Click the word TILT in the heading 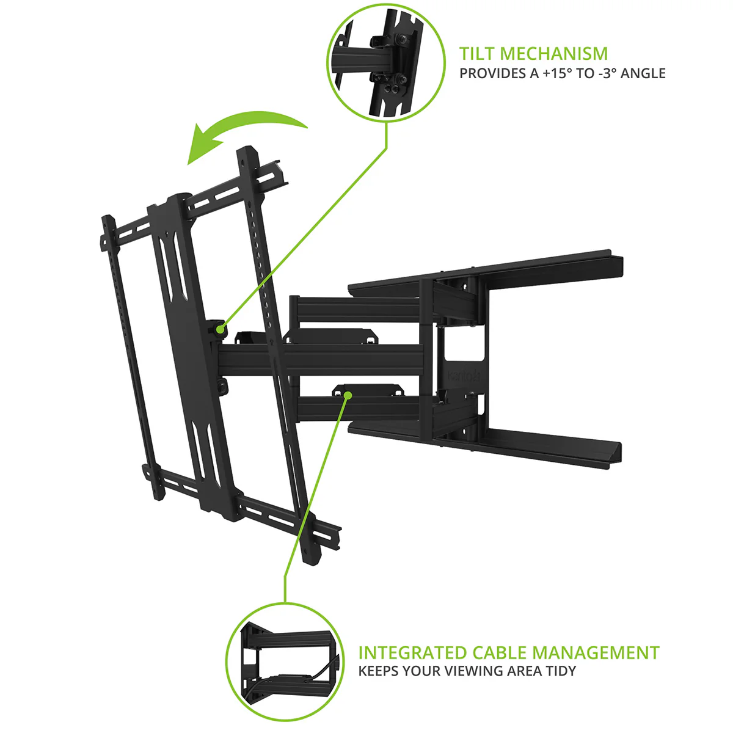(x=477, y=54)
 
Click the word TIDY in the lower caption (x=560, y=671)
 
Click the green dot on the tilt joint (x=220, y=329)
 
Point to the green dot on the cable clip (x=348, y=395)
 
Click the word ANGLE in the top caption (x=643, y=73)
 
